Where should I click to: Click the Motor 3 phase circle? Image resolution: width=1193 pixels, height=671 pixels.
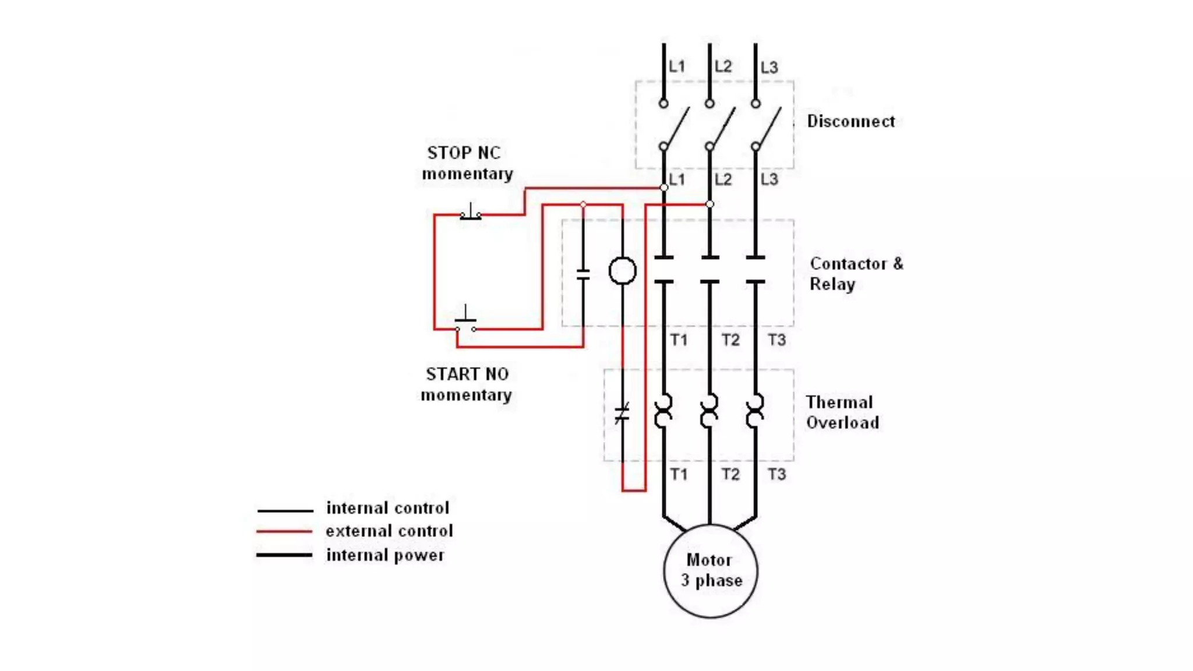(710, 571)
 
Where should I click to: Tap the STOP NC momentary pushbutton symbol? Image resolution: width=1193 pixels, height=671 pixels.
(471, 214)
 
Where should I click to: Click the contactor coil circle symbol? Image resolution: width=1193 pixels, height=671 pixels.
(622, 271)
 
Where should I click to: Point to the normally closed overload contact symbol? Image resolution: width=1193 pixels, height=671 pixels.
(622, 414)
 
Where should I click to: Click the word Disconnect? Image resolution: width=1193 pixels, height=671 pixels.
(850, 121)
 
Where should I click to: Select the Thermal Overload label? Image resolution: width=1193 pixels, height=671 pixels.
(842, 412)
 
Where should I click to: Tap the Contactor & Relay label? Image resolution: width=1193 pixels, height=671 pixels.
(856, 274)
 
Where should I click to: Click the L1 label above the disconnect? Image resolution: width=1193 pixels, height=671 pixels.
(676, 66)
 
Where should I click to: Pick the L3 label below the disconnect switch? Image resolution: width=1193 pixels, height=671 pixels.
(769, 179)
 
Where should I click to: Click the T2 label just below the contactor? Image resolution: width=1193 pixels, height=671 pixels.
(730, 340)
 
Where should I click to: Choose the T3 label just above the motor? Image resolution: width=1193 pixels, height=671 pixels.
(776, 474)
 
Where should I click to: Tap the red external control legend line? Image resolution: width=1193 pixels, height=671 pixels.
(285, 531)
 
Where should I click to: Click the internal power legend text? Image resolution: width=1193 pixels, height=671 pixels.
(385, 555)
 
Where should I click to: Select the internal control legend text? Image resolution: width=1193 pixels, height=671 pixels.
(387, 508)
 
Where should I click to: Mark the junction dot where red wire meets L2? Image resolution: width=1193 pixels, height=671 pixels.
(710, 204)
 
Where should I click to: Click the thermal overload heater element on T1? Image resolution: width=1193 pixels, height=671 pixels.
(663, 411)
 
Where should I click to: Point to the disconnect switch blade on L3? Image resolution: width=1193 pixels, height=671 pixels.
(768, 126)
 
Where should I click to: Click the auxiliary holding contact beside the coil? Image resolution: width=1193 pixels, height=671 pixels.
(583, 274)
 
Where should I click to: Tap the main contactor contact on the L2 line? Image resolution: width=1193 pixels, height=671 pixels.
(710, 270)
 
